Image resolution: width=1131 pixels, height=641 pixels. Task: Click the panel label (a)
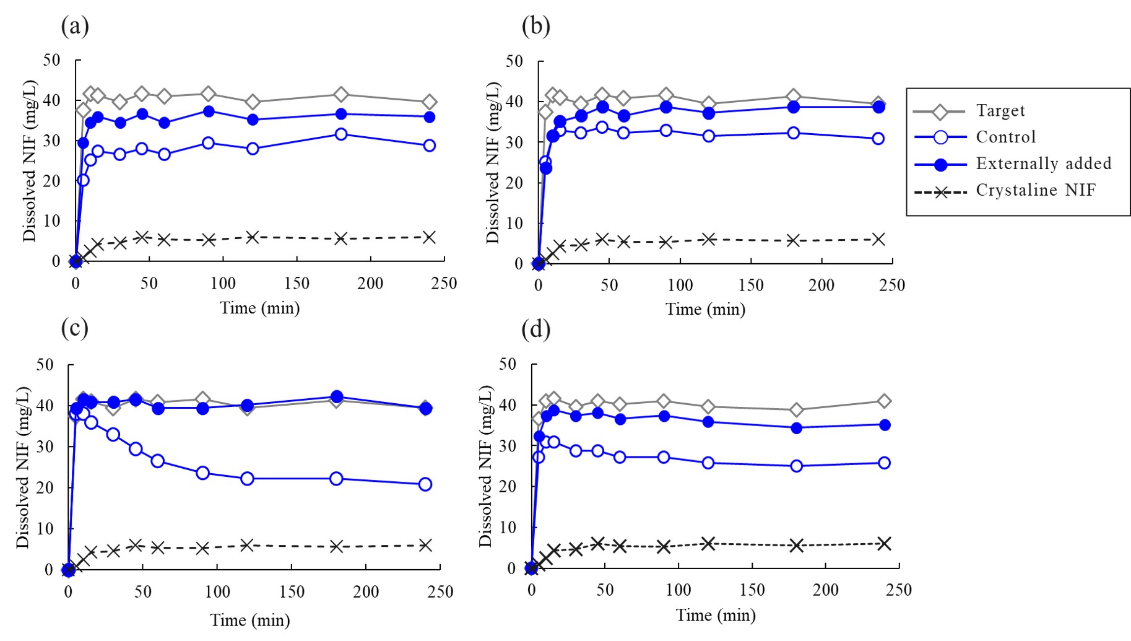75,26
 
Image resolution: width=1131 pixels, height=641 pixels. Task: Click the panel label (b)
535,26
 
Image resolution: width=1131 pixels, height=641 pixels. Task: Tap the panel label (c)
74,328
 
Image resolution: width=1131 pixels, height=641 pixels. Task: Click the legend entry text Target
1000,111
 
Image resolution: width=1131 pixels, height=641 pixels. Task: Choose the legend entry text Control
1005,137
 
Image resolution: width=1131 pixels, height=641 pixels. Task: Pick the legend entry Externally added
1043,164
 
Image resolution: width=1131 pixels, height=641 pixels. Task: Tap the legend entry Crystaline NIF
1036,190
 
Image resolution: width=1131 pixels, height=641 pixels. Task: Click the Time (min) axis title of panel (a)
259,308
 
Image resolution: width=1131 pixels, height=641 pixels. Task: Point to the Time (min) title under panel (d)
716,615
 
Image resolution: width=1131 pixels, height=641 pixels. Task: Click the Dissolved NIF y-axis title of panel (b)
493,162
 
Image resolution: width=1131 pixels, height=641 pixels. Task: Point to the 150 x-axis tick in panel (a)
297,284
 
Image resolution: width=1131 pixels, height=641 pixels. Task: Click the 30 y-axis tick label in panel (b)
514,142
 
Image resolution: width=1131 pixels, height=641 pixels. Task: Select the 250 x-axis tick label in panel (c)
441,592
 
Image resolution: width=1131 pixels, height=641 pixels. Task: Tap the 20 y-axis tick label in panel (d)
508,487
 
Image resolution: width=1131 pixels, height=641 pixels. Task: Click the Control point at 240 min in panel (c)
425,484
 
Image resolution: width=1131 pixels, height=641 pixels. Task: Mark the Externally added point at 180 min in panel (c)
336,397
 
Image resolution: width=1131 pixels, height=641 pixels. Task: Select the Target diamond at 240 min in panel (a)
429,102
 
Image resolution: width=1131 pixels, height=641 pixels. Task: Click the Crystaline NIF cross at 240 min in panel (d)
884,544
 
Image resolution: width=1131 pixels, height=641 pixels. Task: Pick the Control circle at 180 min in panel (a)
340,134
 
